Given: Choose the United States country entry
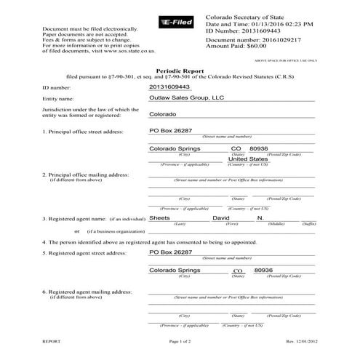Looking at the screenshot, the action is pyautogui.click(x=248, y=159).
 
